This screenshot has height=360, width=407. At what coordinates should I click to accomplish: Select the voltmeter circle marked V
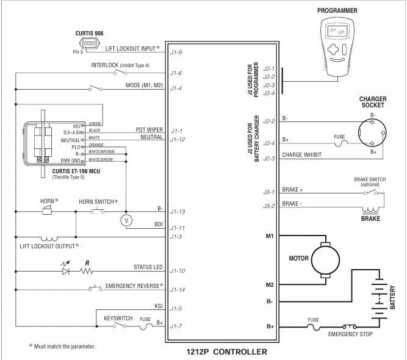(x=126, y=218)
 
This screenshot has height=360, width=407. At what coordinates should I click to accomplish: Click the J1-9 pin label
(x=176, y=53)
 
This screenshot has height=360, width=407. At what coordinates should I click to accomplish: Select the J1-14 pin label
(x=177, y=289)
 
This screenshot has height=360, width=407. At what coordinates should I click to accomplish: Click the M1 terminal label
(x=269, y=235)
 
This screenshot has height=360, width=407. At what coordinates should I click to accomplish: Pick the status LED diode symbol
(x=65, y=270)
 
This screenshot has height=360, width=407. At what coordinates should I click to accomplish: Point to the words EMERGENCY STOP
(x=351, y=334)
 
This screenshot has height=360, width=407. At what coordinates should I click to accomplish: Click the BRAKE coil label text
(x=370, y=218)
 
